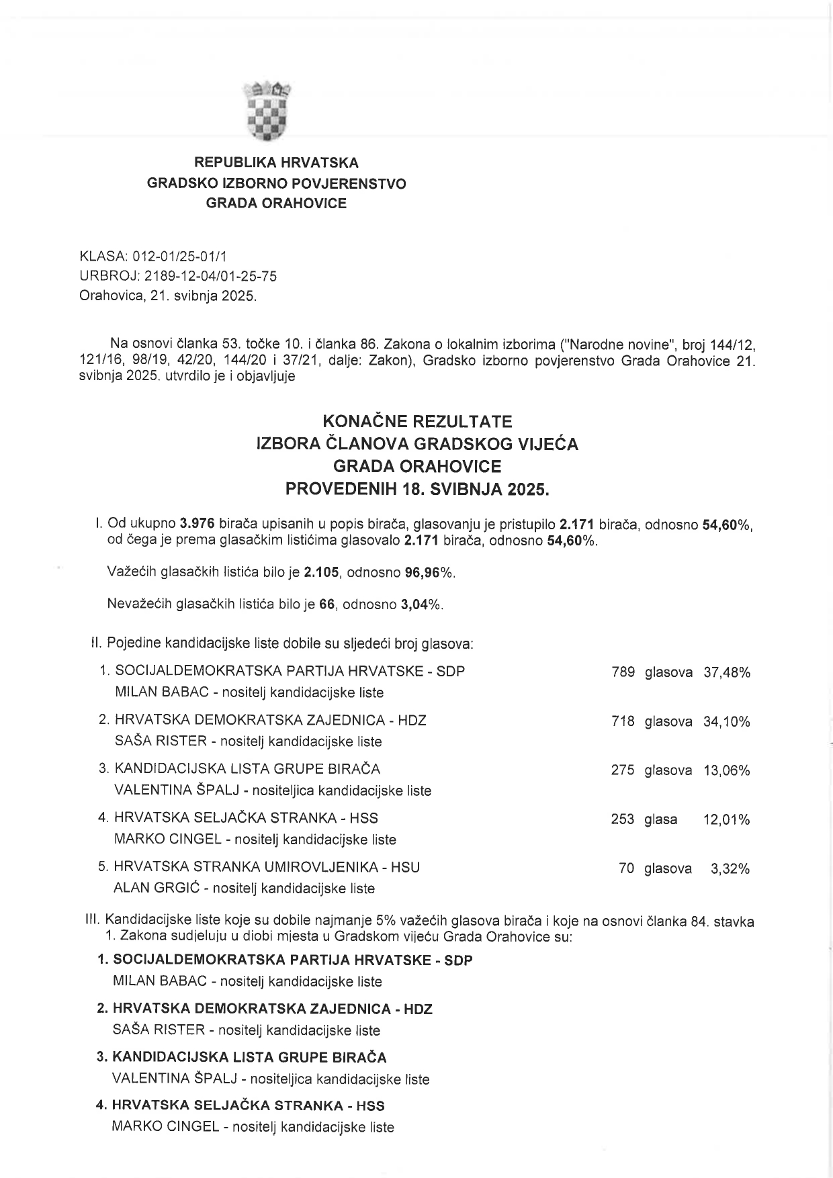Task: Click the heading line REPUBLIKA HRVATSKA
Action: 276,163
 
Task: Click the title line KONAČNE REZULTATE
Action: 417,421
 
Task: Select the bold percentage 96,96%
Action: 429,572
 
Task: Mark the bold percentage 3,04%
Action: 421,604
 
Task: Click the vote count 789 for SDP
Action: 623,672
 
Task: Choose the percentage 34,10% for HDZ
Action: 726,721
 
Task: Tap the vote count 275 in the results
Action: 623,770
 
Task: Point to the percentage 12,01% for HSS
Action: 726,819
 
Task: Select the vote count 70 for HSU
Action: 626,868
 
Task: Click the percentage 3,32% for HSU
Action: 730,868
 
